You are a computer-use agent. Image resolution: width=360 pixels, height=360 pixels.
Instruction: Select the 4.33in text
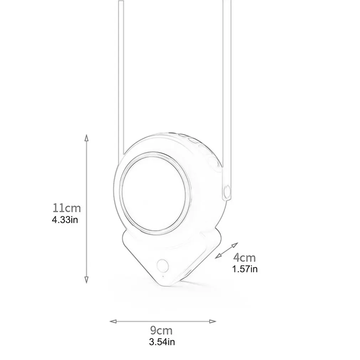click(65, 219)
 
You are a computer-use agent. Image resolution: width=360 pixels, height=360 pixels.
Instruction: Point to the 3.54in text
click(162, 343)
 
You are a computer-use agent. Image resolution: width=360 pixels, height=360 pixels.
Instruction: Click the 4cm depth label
click(245, 257)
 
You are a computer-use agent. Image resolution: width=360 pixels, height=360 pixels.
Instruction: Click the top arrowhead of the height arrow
click(86, 137)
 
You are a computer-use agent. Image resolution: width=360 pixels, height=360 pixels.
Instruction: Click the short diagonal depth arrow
click(227, 250)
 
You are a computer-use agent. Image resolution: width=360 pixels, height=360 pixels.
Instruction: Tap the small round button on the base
click(163, 265)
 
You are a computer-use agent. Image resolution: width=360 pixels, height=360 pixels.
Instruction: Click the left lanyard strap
click(121, 71)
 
